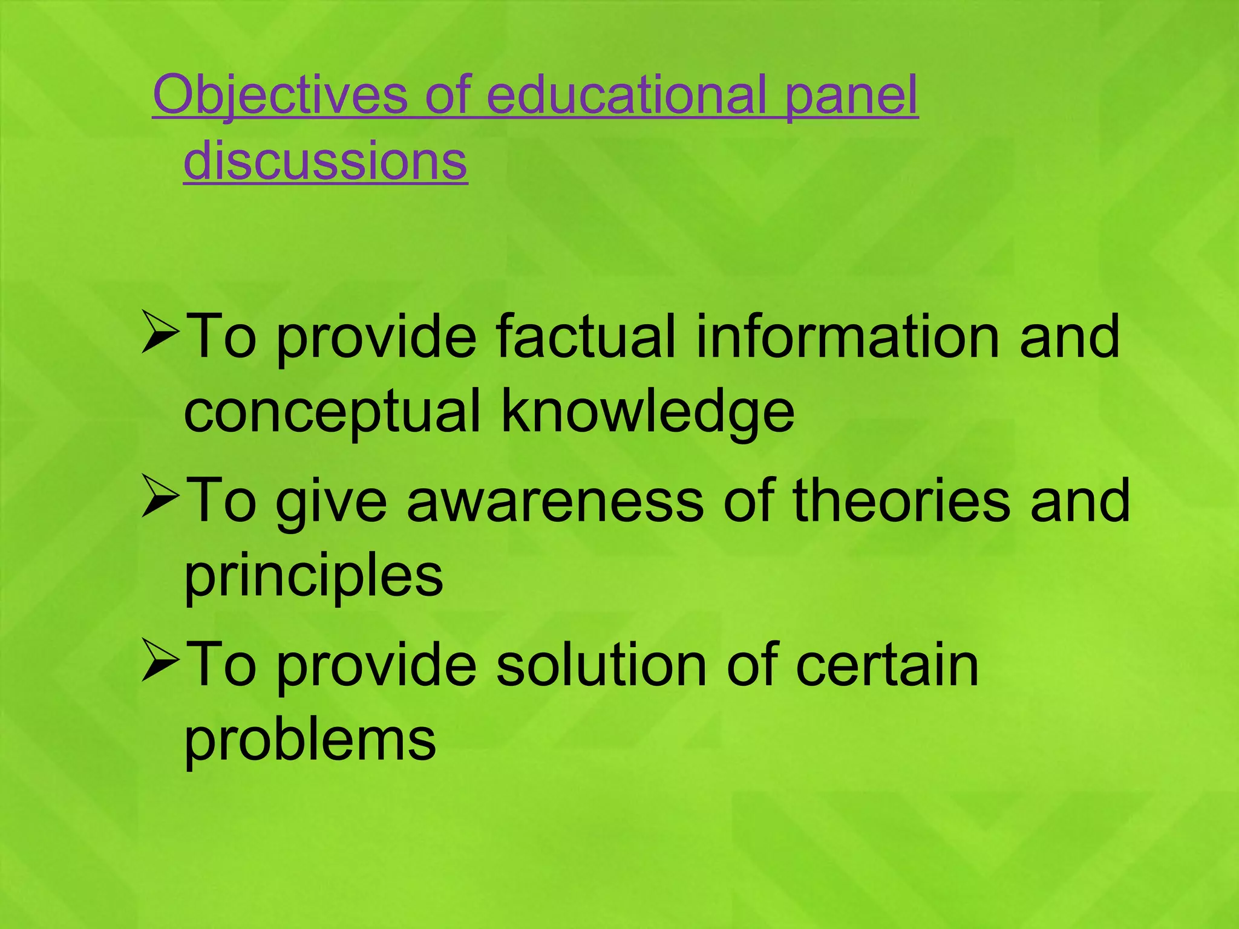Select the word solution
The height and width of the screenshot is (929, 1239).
pyautogui.click(x=602, y=665)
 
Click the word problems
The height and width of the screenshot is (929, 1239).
pyautogui.click(x=310, y=740)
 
